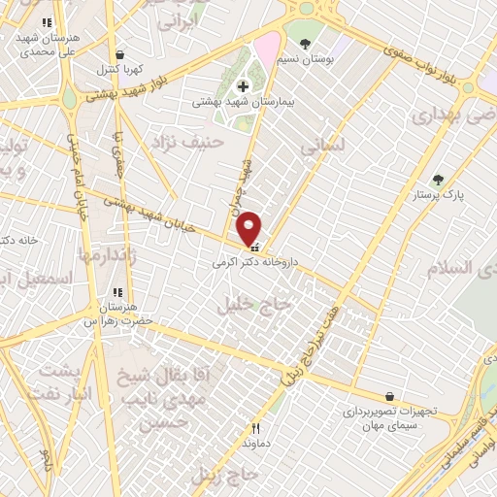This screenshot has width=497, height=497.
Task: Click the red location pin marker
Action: (x=249, y=228)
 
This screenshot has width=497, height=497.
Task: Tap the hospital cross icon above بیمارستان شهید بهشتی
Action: (x=243, y=86)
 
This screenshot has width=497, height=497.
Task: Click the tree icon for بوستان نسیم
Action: (x=307, y=44)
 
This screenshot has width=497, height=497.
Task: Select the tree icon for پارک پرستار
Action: (x=439, y=180)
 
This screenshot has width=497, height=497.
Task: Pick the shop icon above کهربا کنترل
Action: (x=119, y=55)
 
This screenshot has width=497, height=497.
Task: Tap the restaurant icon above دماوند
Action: (x=256, y=427)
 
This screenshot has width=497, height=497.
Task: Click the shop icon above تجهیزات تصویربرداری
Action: (x=389, y=396)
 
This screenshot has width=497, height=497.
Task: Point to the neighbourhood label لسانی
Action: (x=323, y=146)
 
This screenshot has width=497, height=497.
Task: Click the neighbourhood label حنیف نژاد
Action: (x=187, y=144)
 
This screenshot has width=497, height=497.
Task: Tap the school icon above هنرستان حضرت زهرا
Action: (x=118, y=292)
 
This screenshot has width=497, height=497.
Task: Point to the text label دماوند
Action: (x=256, y=442)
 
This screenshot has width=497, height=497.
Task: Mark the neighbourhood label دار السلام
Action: (x=466, y=267)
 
